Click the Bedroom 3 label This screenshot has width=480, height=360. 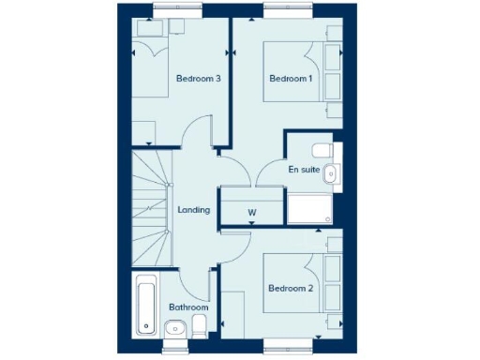point(198,79)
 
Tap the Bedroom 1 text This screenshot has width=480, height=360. point(291,79)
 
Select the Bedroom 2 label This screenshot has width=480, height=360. point(291,288)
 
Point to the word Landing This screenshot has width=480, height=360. point(193,210)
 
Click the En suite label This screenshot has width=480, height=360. point(304,170)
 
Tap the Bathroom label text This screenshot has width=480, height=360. point(188,307)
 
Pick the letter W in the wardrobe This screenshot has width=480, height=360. point(252,213)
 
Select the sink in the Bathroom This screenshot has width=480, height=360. point(174,327)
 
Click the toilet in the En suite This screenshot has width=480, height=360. point(322,149)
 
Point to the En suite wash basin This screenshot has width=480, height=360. point(336,172)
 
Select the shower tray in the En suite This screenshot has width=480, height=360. point(310,208)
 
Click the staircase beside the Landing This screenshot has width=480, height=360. point(150,206)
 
